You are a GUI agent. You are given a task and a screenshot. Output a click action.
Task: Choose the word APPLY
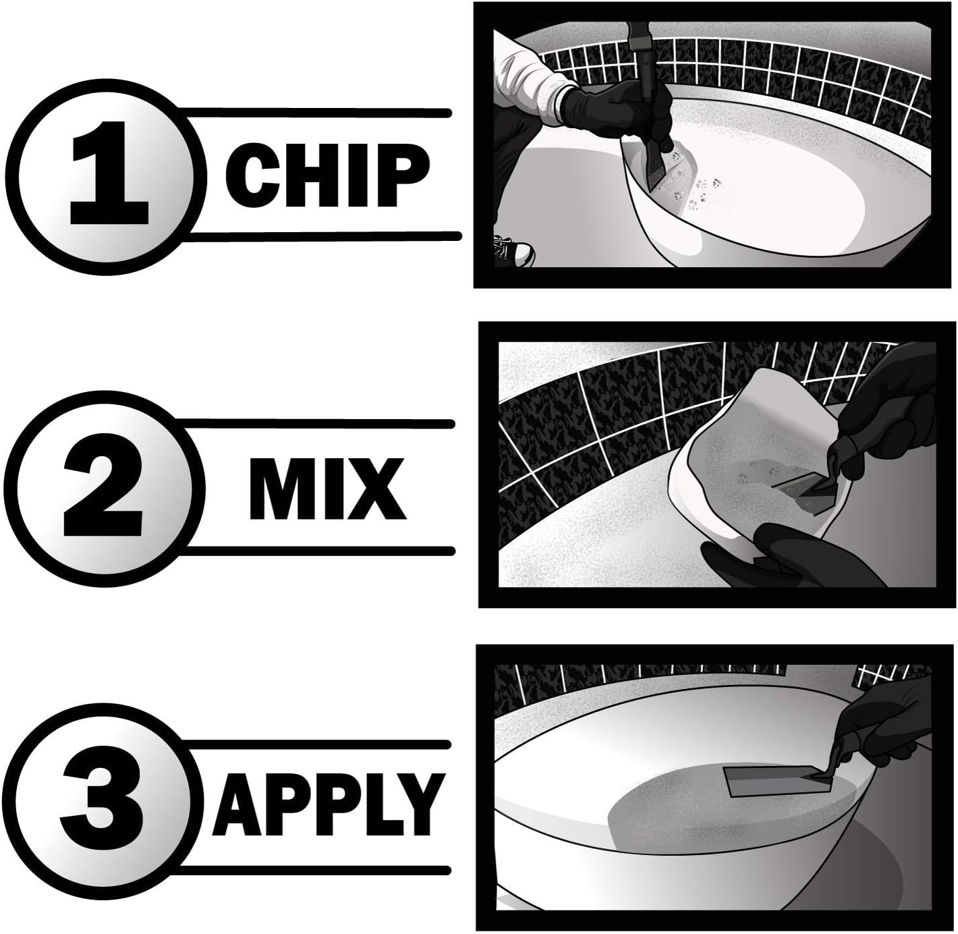click(x=329, y=804)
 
